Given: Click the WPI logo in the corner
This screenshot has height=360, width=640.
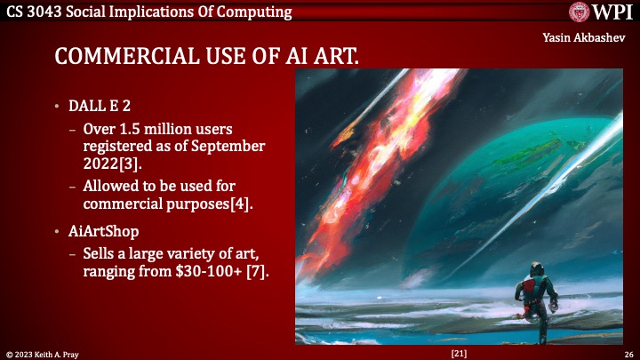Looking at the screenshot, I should click(598, 12).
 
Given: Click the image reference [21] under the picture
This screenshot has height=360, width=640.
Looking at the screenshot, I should click(460, 353).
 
